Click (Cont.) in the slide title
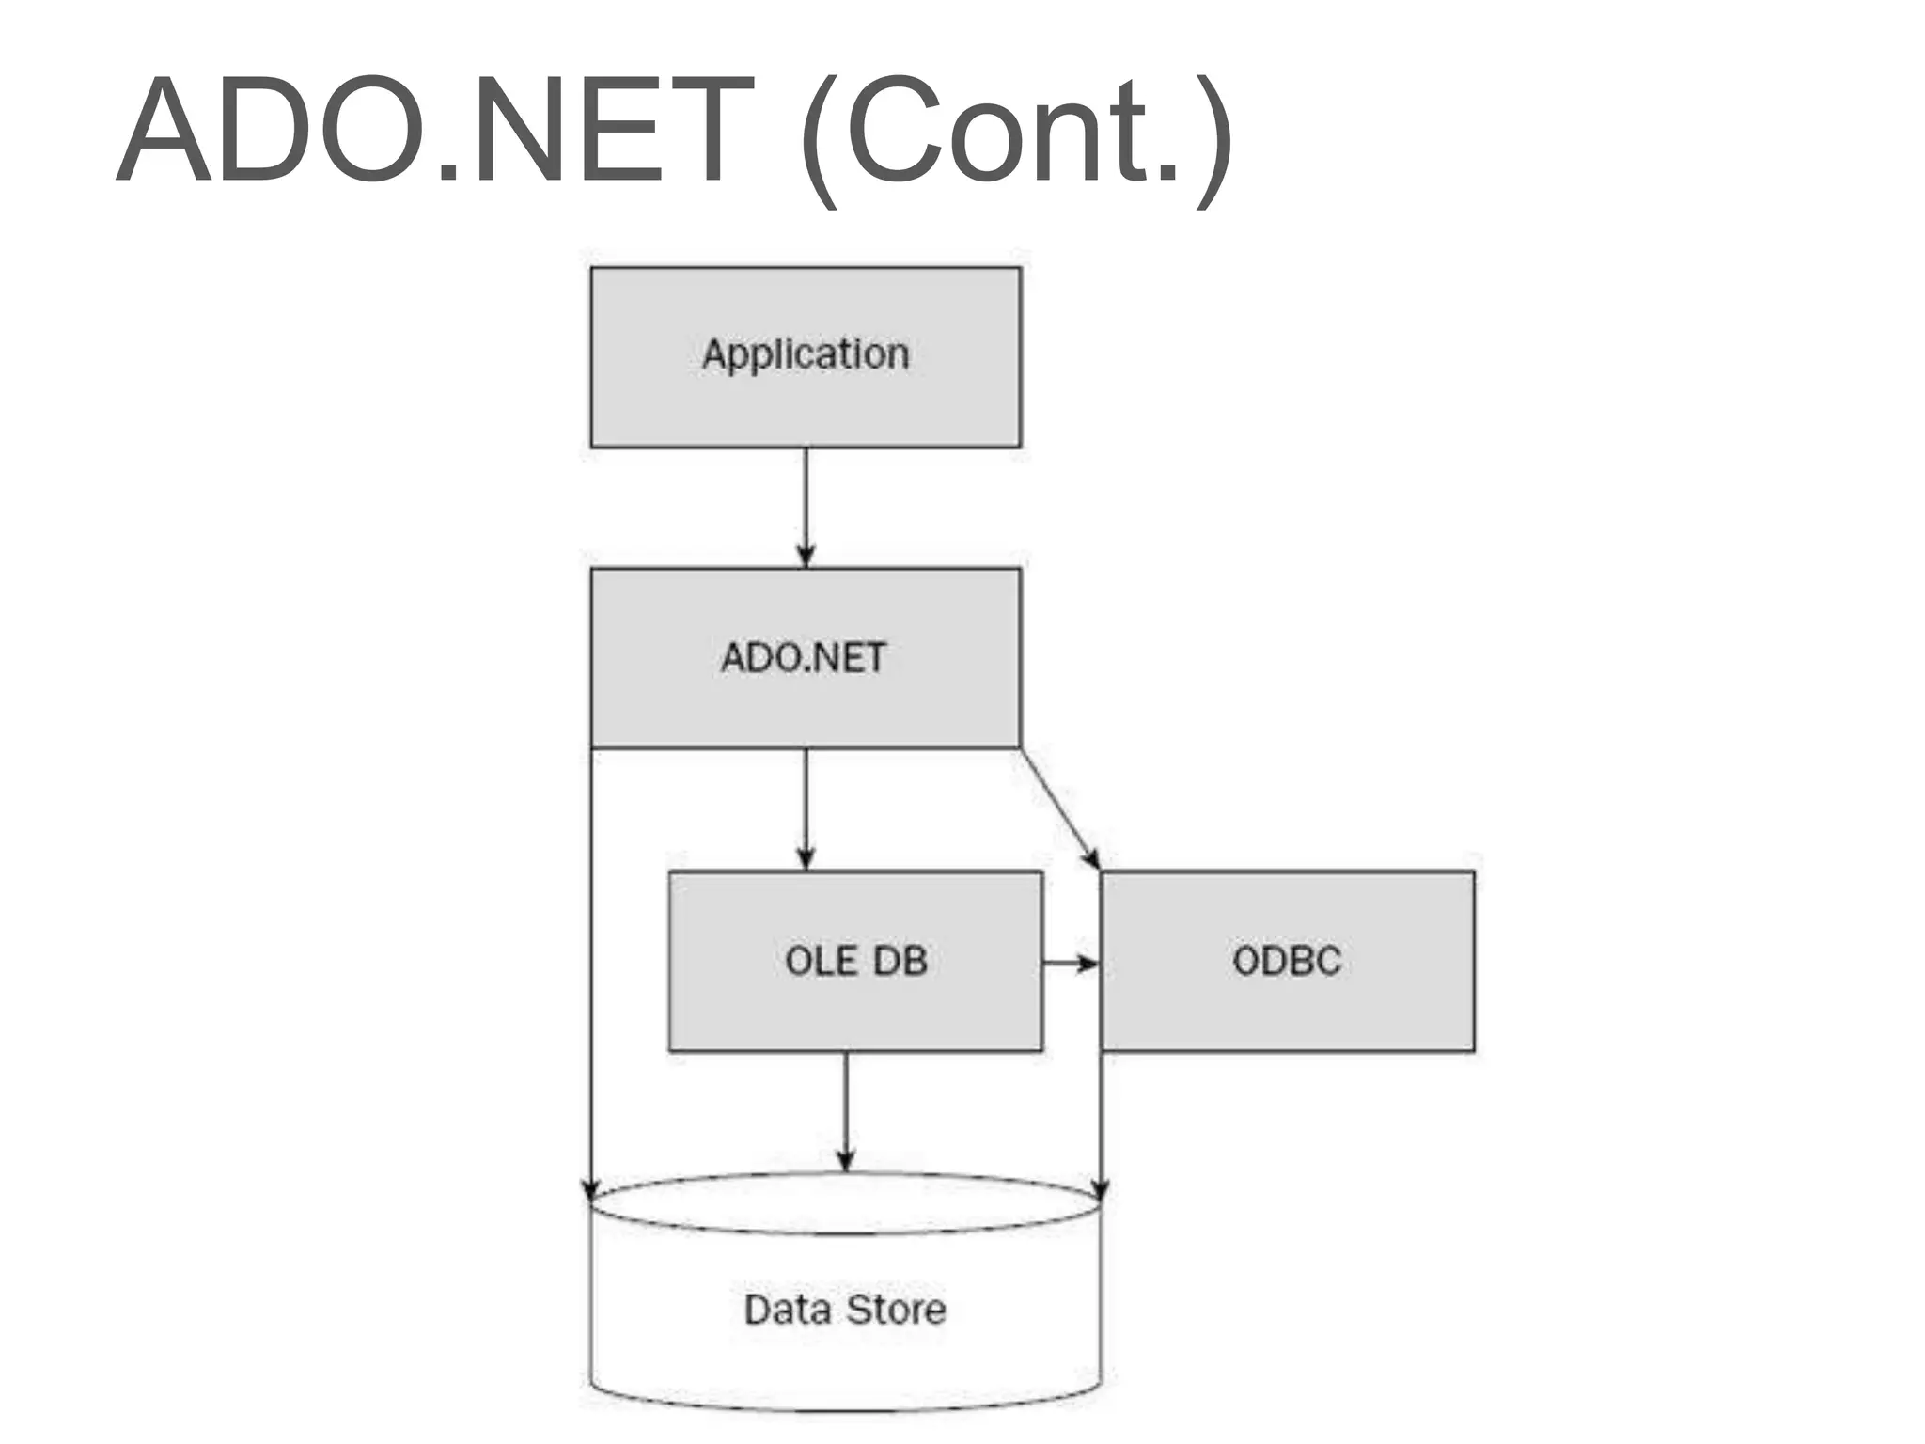pyautogui.click(x=1015, y=136)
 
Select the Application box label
pyautogui.click(x=806, y=355)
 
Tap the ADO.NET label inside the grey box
pyautogui.click(x=804, y=658)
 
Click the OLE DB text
pyautogui.click(x=855, y=961)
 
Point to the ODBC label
pyautogui.click(x=1287, y=961)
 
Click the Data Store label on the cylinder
pyautogui.click(x=845, y=1310)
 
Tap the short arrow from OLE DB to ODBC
pyautogui.click(x=1070, y=963)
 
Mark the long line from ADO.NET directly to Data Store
pyautogui.click(x=591, y=968)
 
